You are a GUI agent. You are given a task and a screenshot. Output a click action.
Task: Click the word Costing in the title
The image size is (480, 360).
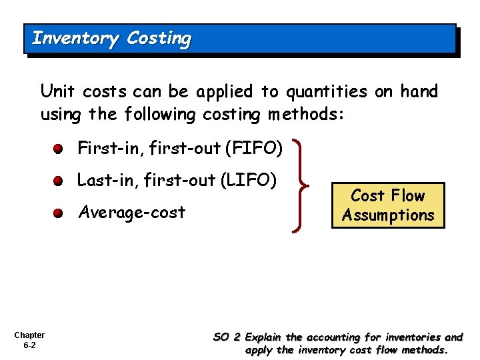tap(159, 39)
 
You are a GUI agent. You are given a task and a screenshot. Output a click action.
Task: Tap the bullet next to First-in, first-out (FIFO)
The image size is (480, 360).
tap(59, 149)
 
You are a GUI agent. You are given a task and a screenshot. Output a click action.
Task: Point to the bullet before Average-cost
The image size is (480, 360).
tap(59, 214)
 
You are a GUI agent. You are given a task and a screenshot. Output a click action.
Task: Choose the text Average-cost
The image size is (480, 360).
tap(131, 213)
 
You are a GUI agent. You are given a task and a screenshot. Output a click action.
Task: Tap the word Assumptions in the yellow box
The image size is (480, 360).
tap(388, 215)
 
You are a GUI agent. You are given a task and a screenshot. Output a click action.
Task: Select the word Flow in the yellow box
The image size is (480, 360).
tap(407, 196)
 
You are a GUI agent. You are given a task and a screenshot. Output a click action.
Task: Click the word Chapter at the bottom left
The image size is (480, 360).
tap(29, 335)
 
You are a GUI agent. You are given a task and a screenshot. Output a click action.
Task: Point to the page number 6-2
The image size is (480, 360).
tap(29, 346)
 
